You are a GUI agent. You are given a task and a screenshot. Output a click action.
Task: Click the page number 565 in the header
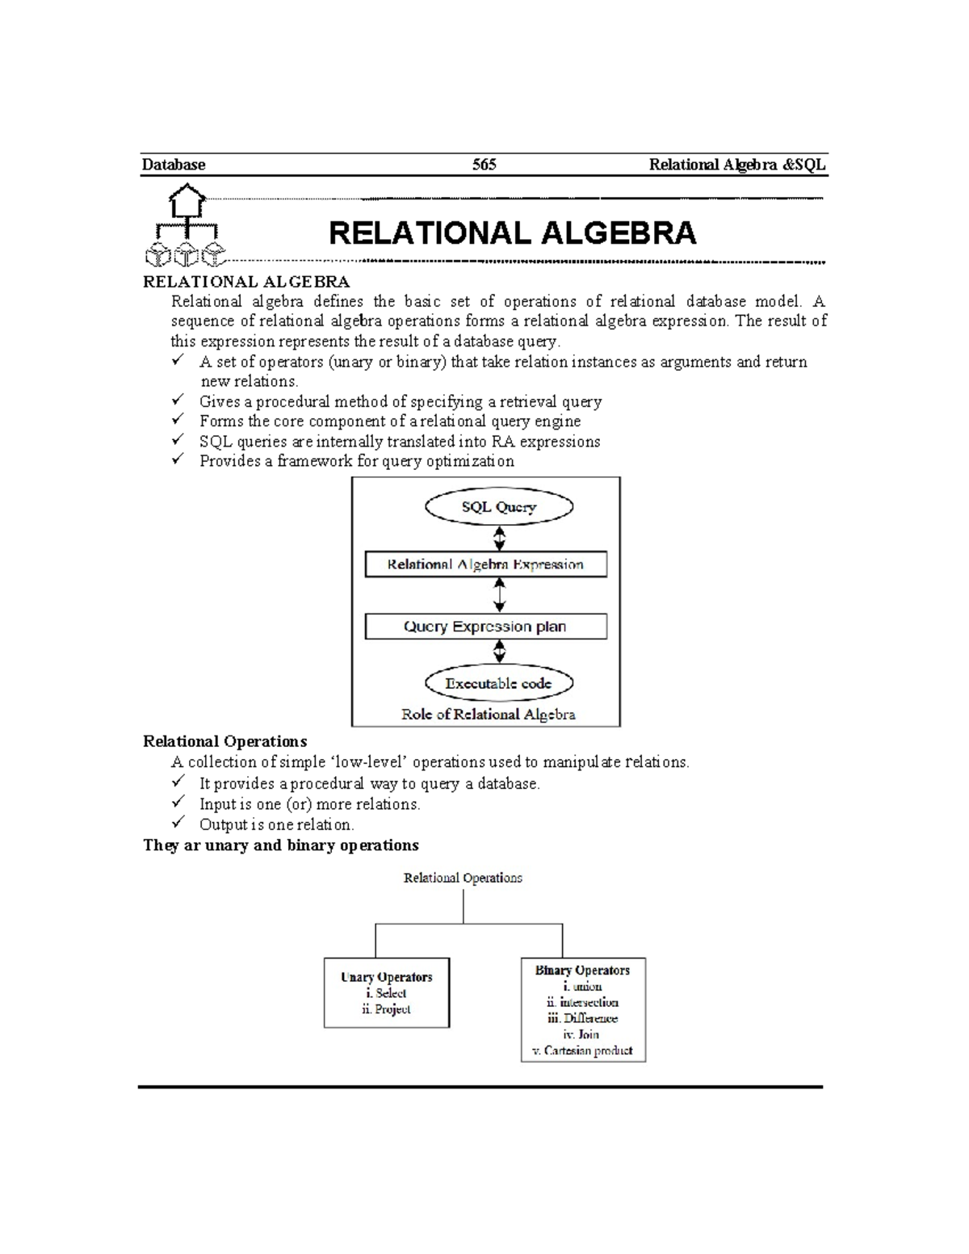click(484, 165)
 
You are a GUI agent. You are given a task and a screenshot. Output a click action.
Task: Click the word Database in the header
click(174, 165)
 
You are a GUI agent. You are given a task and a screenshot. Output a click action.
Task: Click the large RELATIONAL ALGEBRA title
click(512, 233)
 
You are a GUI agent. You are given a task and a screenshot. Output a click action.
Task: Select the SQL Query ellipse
click(498, 507)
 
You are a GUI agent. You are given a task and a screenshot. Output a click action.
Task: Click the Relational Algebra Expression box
click(485, 564)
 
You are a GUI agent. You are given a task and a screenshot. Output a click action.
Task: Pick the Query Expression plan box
click(485, 627)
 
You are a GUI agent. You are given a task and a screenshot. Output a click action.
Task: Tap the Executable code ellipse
click(498, 683)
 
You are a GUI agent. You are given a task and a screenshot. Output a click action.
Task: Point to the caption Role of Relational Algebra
click(488, 714)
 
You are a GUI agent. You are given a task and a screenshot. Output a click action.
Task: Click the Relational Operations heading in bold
click(224, 741)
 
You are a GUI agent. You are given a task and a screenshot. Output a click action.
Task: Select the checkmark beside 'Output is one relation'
click(178, 824)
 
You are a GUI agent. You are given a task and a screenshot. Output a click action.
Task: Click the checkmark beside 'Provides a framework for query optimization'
click(178, 460)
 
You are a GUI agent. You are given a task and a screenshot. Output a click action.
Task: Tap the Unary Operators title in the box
click(386, 977)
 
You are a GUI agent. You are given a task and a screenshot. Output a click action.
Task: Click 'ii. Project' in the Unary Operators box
click(386, 1009)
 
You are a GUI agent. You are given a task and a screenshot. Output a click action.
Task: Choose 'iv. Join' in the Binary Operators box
click(581, 1034)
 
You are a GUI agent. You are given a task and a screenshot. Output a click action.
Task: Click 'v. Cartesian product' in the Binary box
click(581, 1051)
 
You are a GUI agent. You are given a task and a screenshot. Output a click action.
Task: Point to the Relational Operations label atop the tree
click(463, 878)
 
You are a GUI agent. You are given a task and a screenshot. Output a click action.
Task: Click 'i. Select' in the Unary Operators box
click(386, 993)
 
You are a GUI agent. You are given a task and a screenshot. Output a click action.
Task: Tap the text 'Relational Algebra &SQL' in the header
click(737, 165)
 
